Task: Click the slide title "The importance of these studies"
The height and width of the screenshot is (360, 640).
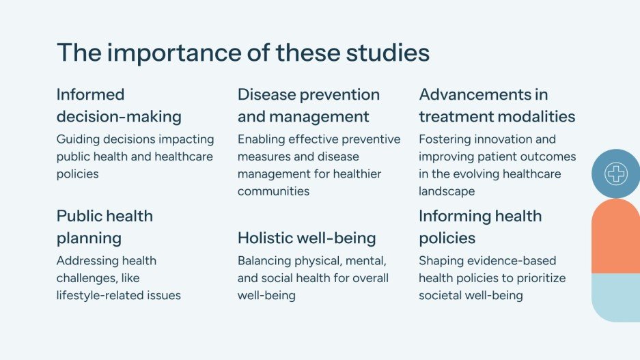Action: [x=242, y=53]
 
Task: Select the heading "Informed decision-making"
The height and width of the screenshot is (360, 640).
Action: [x=119, y=105]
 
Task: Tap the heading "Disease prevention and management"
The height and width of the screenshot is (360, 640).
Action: [x=308, y=105]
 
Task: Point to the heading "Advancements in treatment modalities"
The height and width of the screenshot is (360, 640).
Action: [x=497, y=105]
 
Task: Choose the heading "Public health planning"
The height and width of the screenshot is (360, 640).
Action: [x=105, y=227]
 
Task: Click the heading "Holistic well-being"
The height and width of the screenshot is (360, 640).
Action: [x=307, y=238]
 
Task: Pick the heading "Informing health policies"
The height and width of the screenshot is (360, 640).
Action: [x=479, y=227]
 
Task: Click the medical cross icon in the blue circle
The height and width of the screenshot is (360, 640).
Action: [x=616, y=174]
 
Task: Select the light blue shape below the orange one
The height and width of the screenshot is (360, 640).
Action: [x=615, y=296]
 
